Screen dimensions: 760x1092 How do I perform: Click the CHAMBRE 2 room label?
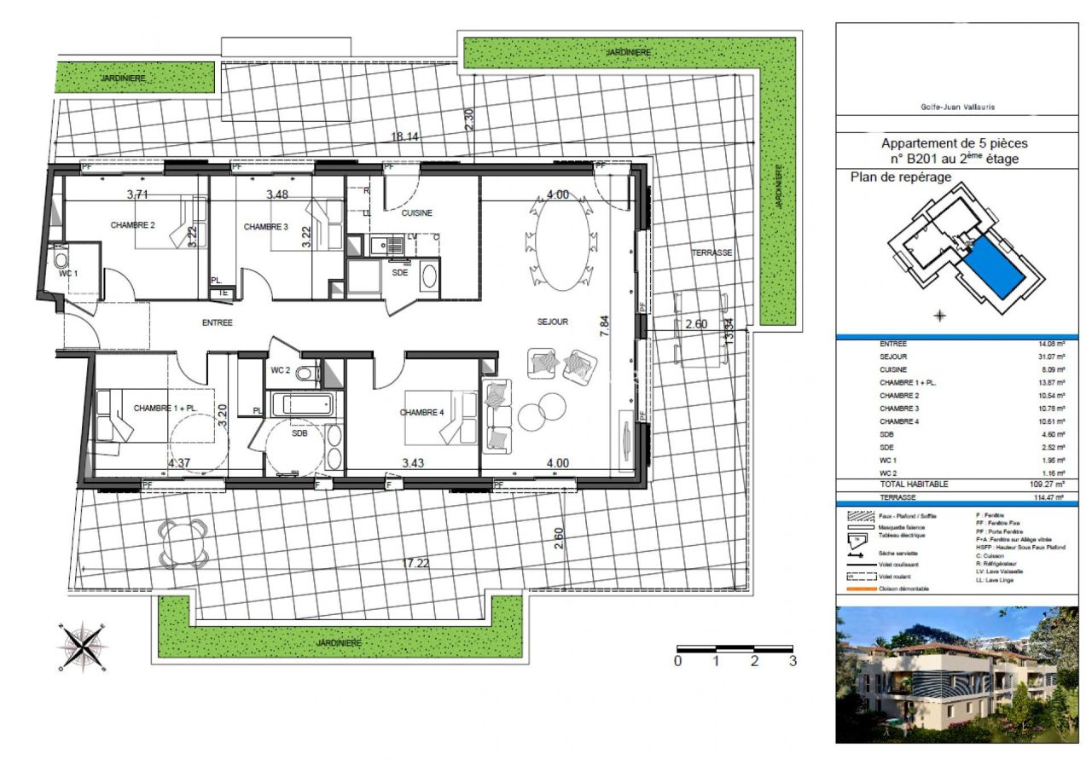pos(132,225)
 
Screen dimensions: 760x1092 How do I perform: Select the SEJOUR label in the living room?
pos(552,322)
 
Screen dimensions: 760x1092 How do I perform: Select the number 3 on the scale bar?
pos(793,661)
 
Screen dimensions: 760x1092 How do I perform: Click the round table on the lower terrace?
pos(183,542)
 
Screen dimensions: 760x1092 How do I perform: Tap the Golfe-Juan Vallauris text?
pos(956,107)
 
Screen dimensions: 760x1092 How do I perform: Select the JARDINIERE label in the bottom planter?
pos(336,641)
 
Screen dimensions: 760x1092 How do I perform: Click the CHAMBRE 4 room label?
pos(421,413)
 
